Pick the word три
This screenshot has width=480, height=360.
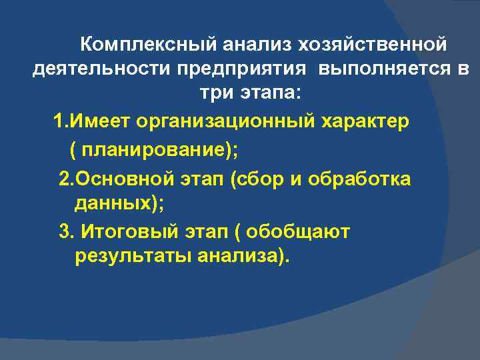(215, 93)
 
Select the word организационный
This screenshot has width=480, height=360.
(222, 122)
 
